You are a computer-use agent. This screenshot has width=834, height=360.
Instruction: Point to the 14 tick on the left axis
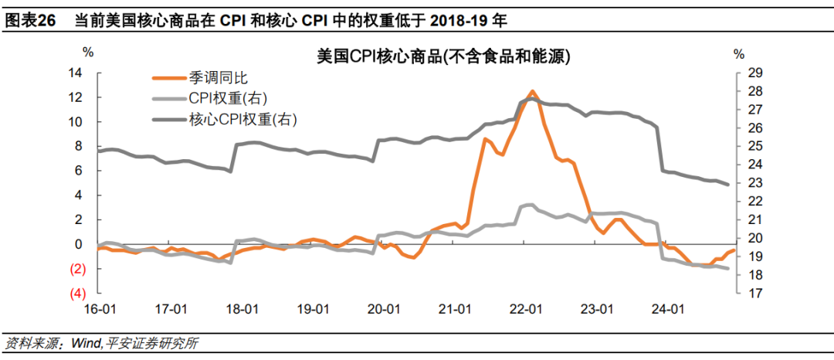pos(75,73)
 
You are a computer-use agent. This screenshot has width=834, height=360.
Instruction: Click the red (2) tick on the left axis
pos(77,269)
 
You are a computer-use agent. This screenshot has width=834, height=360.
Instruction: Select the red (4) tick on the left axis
pos(77,294)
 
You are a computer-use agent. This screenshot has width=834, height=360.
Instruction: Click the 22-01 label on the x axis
pos(526,310)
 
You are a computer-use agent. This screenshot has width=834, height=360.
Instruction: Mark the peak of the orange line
pos(531,91)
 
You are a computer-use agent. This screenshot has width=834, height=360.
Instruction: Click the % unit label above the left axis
pos(88,53)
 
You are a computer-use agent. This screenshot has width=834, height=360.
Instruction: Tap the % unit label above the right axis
pos(739,53)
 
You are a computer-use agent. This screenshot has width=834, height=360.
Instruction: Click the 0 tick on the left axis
pos(79,244)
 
